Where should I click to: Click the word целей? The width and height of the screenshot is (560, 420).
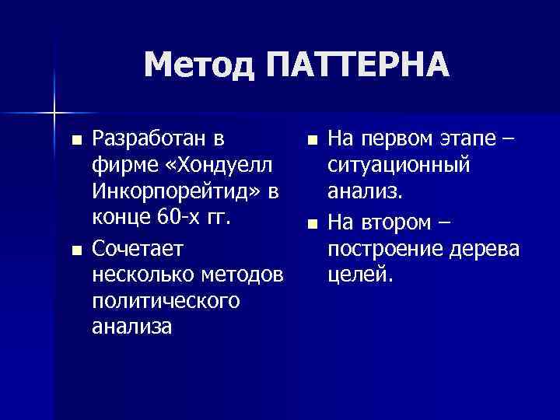pyautogui.click(x=362, y=276)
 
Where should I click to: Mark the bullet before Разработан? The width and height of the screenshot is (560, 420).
pyautogui.click(x=75, y=142)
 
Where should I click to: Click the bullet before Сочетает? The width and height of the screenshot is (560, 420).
pyautogui.click(x=75, y=250)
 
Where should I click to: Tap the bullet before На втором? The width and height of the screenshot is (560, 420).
pyautogui.click(x=312, y=224)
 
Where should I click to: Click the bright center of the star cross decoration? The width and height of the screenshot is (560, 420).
pyautogui.click(x=54, y=114)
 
